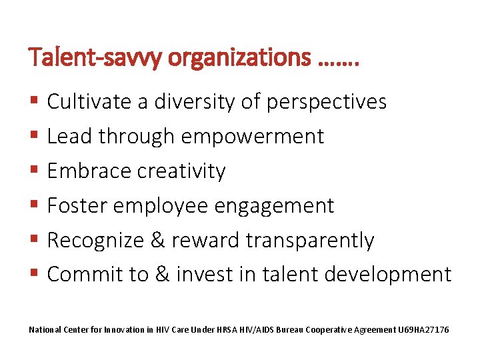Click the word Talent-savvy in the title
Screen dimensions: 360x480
pos(95,59)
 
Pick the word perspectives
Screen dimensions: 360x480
pos(326,103)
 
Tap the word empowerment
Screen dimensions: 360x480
pos(252,137)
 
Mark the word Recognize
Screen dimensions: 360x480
pos(96,240)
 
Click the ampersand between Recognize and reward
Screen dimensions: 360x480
pos(158,240)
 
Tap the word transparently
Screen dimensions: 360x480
pos(310,241)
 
